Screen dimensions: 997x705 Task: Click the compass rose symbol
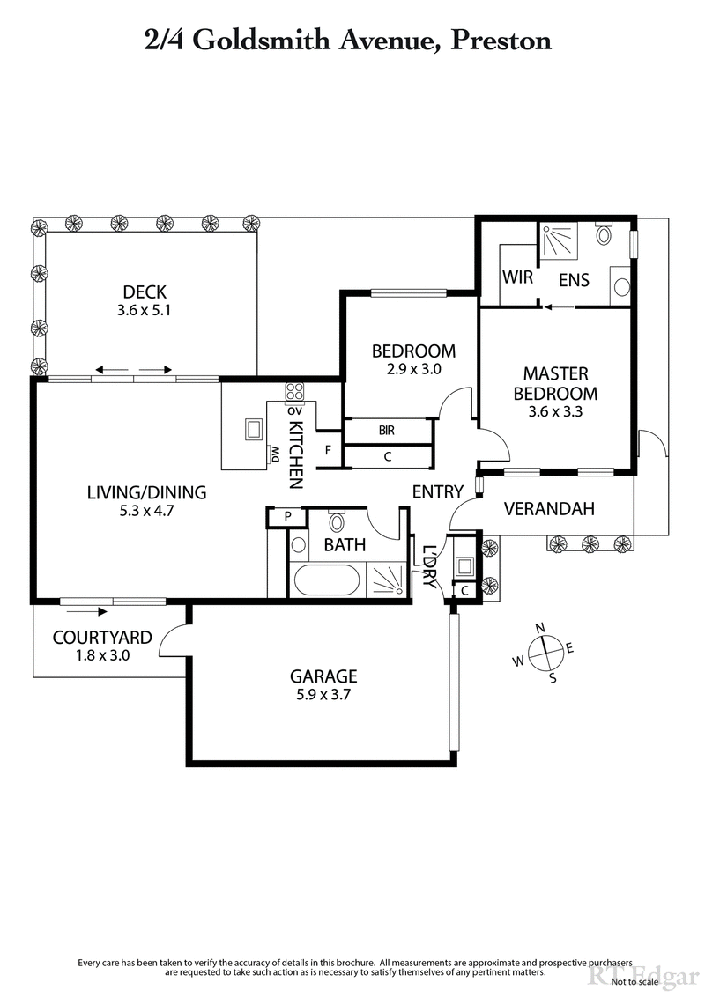coord(546,653)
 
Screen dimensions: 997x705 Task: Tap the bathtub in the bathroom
coord(326,582)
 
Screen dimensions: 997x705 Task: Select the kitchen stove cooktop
coord(293,393)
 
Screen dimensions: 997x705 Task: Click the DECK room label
coord(145,292)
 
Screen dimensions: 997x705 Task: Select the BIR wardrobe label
coord(386,431)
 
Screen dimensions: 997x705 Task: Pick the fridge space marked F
coord(328,451)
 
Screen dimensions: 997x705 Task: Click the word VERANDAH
coord(549,508)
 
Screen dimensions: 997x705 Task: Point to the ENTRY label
coord(437,492)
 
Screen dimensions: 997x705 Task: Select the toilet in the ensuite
coord(604,235)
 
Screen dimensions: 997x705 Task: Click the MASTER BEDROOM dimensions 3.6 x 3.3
coord(555,411)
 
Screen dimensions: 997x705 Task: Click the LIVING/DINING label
coord(146,492)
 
